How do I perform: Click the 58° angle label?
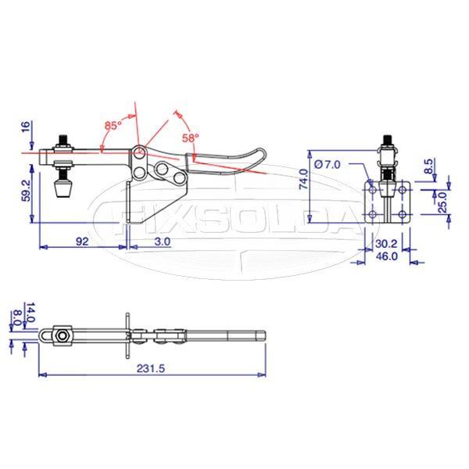tap(191, 137)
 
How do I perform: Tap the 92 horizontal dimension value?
tap(81, 242)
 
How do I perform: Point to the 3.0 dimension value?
tap(163, 242)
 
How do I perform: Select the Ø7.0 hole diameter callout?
tap(327, 163)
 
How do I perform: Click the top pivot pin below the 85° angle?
tap(138, 151)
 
